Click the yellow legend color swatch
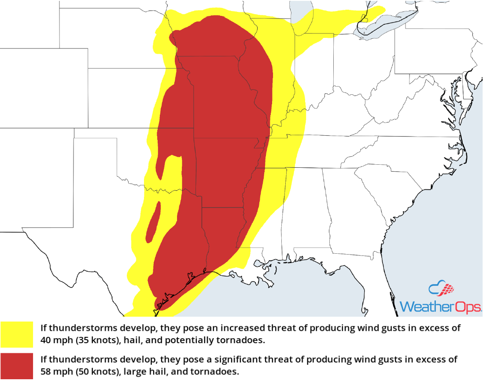coord(17,334)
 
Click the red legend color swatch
coord(17,366)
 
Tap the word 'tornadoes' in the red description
coord(218,371)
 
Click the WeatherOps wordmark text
coord(440,306)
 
